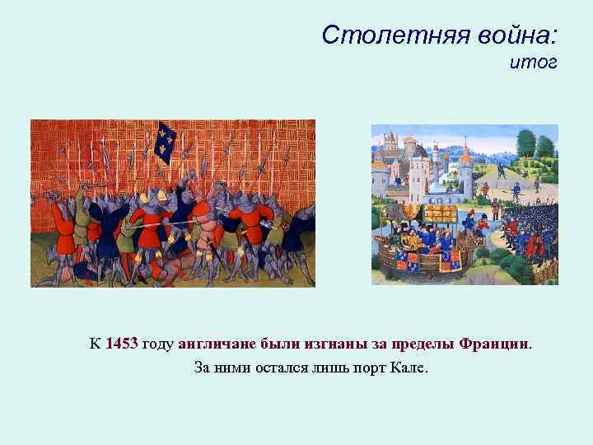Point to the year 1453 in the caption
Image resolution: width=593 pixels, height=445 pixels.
pyautogui.click(x=122, y=344)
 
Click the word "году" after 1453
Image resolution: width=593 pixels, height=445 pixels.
pyautogui.click(x=158, y=344)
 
